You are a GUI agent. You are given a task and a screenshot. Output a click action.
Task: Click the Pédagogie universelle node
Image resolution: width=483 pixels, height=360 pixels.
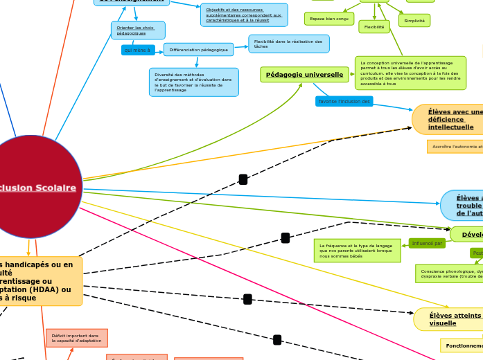304,75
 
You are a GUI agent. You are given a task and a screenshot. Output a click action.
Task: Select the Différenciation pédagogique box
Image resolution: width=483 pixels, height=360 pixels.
198,50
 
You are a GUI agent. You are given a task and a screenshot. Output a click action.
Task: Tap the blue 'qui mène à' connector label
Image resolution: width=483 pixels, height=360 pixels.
138,50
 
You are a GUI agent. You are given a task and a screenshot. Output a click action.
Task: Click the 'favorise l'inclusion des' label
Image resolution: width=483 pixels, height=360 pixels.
344,102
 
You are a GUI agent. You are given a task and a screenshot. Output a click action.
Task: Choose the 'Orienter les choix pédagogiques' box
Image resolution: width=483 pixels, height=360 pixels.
137,30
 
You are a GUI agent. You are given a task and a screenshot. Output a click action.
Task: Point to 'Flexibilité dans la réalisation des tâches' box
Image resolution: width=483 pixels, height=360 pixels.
288,44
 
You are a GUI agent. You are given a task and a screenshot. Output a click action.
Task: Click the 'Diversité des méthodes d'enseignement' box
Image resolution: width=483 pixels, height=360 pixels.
193,82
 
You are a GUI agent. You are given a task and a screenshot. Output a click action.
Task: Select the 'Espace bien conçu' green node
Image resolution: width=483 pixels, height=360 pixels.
328,19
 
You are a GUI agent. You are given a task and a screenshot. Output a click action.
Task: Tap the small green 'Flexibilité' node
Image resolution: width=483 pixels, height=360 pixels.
374,27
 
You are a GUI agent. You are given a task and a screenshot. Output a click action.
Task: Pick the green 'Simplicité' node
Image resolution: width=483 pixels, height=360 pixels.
414,21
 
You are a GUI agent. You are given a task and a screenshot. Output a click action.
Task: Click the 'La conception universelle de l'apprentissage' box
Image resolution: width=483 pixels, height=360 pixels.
410,73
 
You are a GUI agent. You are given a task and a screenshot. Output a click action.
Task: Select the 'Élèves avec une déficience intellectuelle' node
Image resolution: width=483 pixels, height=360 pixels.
450,119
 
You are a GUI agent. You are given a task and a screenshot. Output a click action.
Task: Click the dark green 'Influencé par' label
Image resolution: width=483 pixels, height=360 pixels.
427,244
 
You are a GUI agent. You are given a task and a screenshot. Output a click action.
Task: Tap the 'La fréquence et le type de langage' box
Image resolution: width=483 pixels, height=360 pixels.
357,251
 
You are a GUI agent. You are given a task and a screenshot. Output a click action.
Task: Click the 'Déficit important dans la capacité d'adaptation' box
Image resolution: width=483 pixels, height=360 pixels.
77,338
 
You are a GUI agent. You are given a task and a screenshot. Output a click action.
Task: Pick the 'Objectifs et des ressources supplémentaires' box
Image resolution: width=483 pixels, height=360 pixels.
244,15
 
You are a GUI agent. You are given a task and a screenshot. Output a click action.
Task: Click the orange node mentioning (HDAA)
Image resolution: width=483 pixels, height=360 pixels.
38,281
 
